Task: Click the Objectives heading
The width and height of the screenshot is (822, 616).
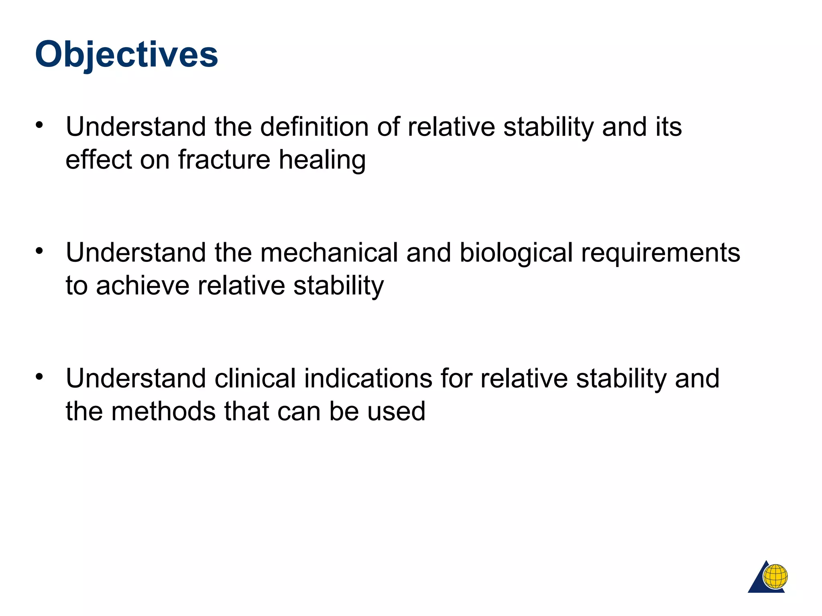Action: [x=126, y=55]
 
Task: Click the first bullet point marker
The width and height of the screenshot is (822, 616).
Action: [x=39, y=125]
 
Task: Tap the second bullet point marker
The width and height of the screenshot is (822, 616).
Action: [x=39, y=251]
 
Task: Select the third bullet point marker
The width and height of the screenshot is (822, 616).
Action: [x=39, y=377]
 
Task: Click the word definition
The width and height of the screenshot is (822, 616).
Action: [x=314, y=127]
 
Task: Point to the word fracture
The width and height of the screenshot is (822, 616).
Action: [x=224, y=160]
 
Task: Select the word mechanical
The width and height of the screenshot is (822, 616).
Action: [x=329, y=253]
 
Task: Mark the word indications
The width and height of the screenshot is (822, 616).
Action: [x=368, y=379]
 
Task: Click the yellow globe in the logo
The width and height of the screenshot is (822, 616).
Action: [x=775, y=576]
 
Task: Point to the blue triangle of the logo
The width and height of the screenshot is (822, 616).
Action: [x=757, y=584]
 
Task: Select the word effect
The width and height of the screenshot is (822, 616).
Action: [x=98, y=160]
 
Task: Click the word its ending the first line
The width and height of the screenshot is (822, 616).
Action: [x=668, y=127]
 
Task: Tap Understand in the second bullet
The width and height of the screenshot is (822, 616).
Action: [x=136, y=253]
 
